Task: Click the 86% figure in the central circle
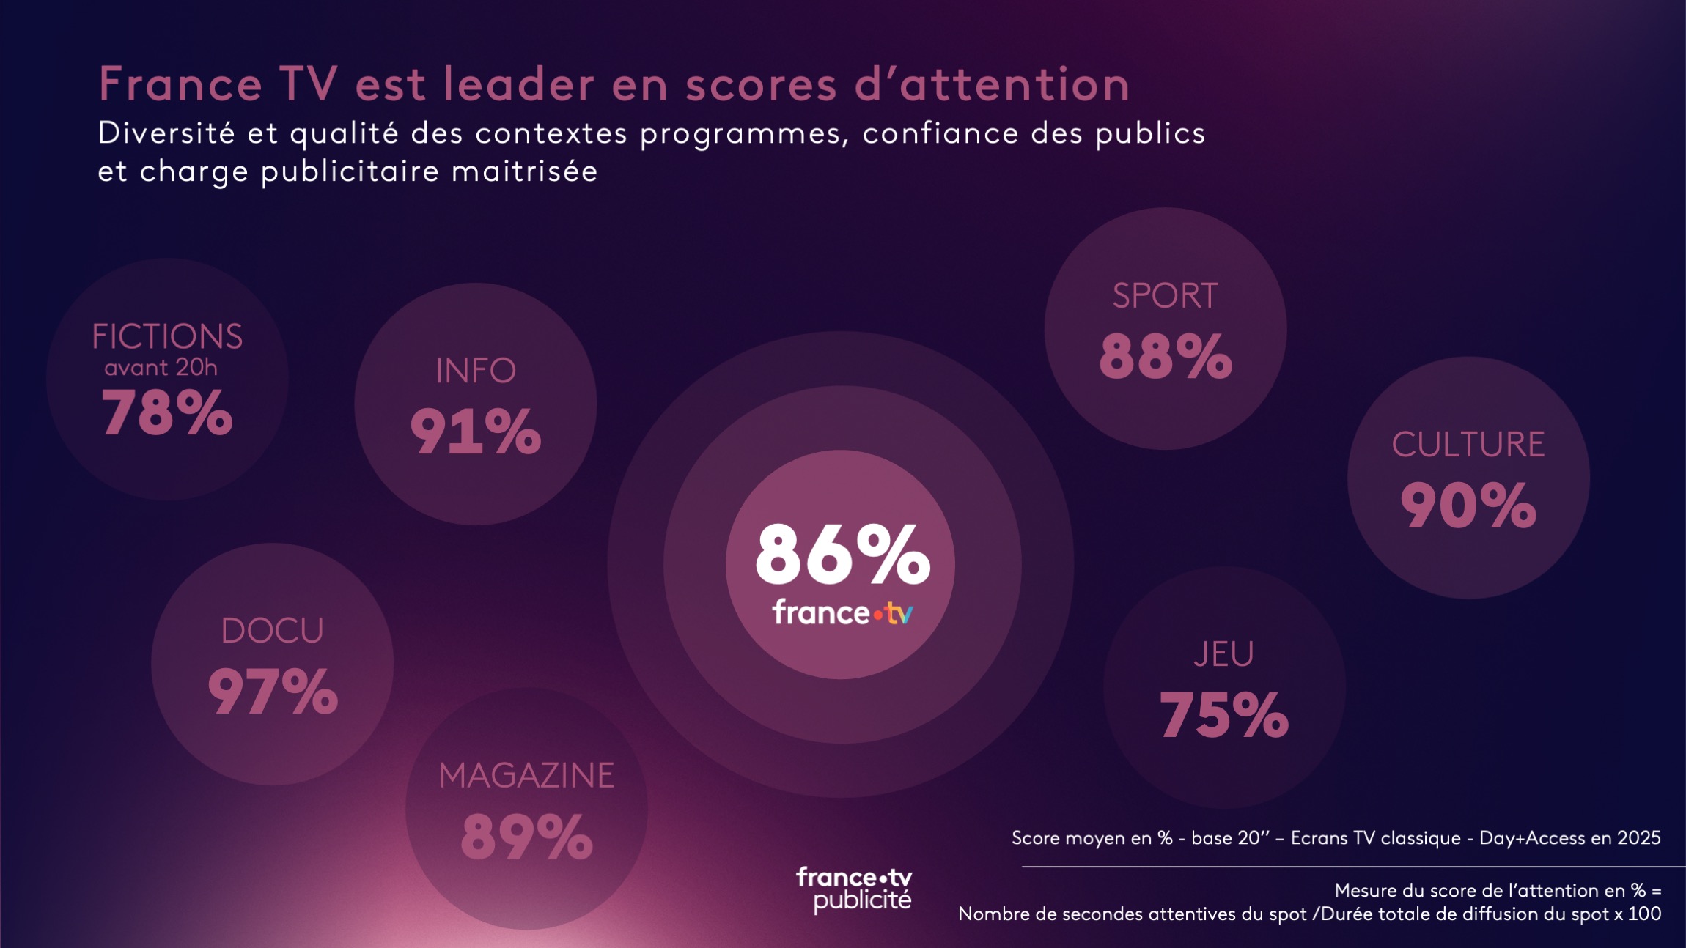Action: click(x=842, y=554)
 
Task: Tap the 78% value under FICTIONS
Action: click(x=167, y=413)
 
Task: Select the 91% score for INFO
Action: click(x=476, y=432)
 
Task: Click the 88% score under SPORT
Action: click(x=1166, y=356)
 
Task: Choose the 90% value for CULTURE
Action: click(x=1468, y=506)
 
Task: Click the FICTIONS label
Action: click(x=167, y=337)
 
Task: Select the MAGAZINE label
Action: click(x=526, y=776)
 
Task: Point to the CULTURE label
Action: click(x=1468, y=445)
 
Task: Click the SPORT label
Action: click(x=1165, y=296)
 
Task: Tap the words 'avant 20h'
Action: click(x=161, y=367)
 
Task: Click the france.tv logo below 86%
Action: click(x=842, y=612)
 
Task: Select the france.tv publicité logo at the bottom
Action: click(x=855, y=889)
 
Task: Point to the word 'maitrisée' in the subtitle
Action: click(x=524, y=171)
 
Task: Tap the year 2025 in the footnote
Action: click(x=1638, y=837)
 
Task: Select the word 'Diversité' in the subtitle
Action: click(x=167, y=133)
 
